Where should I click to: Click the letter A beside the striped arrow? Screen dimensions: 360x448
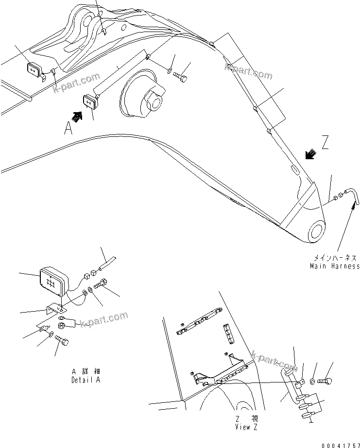tap(68, 128)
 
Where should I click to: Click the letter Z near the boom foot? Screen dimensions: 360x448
tap(326, 143)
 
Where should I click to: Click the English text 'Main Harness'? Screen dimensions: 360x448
tap(335, 265)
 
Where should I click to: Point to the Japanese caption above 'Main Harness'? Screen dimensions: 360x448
tap(335, 258)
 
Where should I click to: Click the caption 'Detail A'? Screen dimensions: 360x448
tap(85, 380)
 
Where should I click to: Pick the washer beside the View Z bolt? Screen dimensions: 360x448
tap(313, 382)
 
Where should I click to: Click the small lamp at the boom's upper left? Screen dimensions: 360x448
tap(34, 70)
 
